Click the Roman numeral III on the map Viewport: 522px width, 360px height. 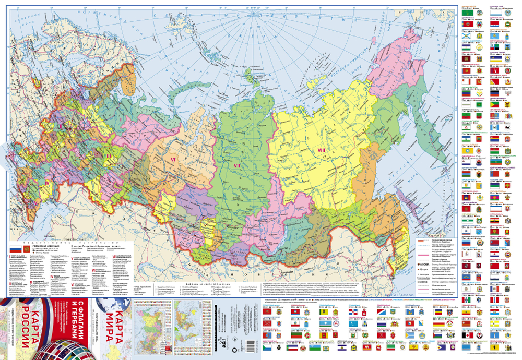[x=108, y=155]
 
